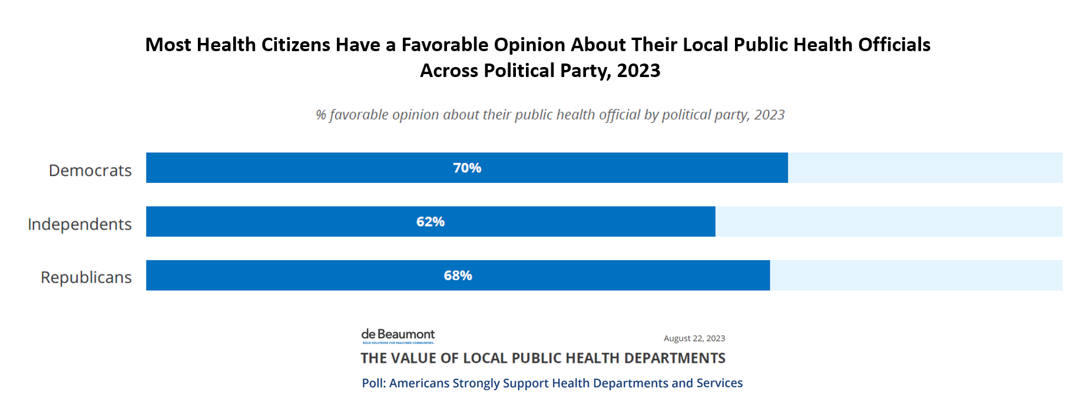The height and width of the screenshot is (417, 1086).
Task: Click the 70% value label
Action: (467, 168)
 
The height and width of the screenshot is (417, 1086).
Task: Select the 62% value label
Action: (431, 222)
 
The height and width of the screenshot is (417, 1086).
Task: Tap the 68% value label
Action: (458, 276)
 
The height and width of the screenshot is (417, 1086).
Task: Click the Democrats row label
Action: (90, 171)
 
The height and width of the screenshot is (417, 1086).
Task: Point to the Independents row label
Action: (80, 224)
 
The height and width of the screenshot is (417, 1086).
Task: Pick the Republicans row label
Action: (86, 278)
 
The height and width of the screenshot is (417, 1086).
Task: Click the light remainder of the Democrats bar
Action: (925, 168)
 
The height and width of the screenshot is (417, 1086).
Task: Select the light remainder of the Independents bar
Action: (888, 222)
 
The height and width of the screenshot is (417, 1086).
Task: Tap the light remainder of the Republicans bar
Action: (916, 276)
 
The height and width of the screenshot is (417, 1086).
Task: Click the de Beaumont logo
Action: (398, 336)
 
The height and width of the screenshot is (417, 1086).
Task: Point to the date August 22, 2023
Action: (694, 338)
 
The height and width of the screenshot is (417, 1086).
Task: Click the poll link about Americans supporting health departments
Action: (552, 383)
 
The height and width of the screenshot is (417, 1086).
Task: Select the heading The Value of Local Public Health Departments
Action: (542, 358)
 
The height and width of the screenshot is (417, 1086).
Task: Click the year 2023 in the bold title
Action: (638, 71)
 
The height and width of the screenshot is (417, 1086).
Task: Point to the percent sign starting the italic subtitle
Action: (320, 115)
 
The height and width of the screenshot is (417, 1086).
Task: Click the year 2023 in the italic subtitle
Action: (769, 115)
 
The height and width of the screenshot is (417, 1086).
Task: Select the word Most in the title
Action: (168, 45)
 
